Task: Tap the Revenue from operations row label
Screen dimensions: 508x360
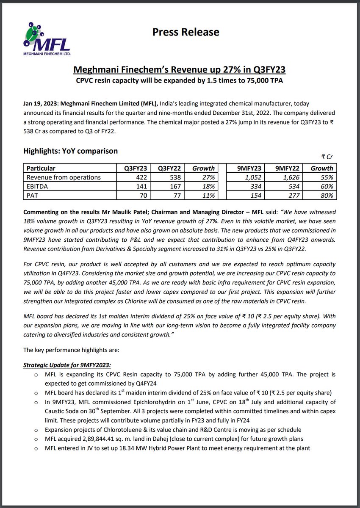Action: (x=64, y=177)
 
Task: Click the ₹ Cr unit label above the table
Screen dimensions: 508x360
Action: (x=327, y=157)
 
